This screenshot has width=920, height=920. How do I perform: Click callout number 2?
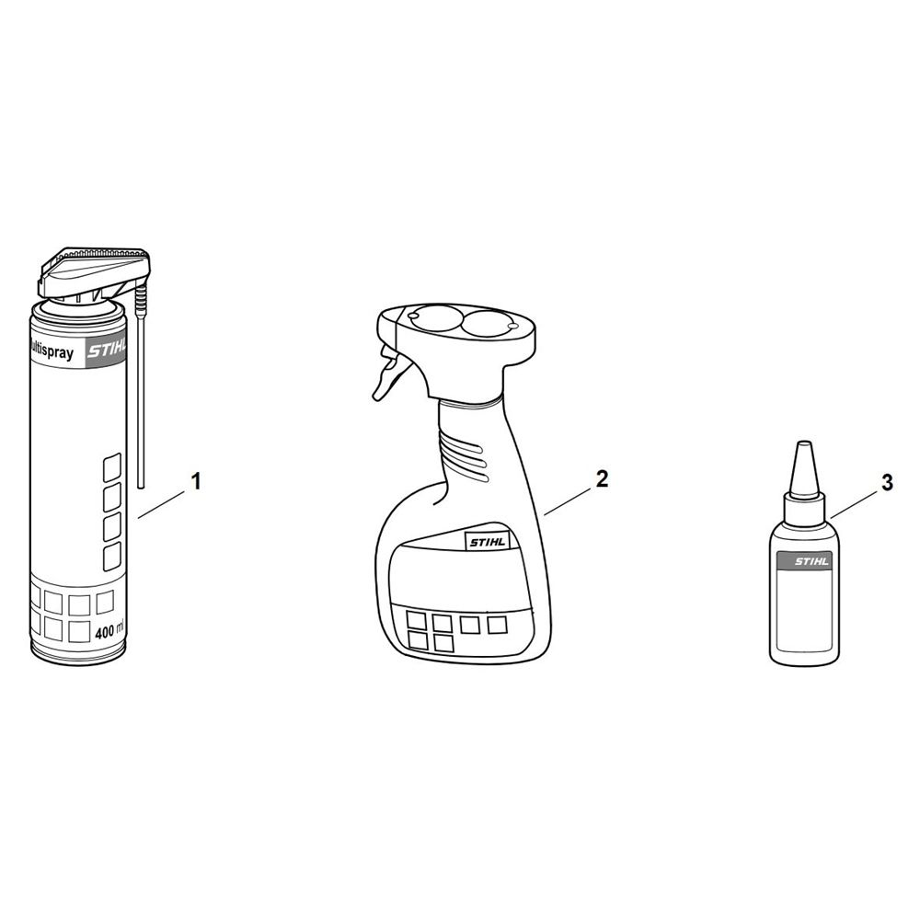point(602,478)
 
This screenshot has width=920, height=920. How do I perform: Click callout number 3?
point(887,482)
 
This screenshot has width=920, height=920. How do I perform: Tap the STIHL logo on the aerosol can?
point(107,352)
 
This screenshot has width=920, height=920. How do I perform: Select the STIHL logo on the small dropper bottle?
point(812,561)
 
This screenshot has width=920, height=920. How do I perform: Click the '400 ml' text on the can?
point(109,633)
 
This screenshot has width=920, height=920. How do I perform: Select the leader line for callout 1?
point(161,505)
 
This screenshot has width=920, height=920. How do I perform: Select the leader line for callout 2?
point(568,501)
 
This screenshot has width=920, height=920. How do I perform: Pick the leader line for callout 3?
point(855,505)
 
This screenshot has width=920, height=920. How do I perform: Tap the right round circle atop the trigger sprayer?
point(490,325)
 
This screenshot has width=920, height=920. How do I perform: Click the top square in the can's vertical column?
point(112,466)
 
